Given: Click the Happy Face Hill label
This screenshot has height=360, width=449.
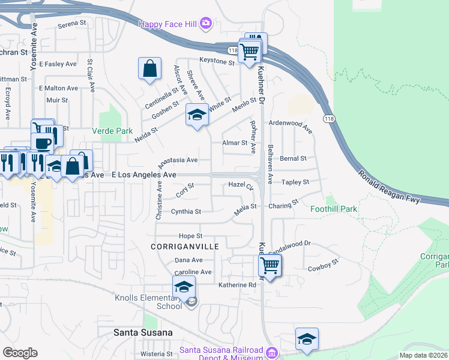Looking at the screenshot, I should tap(169, 23).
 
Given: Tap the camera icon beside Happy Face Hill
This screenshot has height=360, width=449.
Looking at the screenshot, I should tap(206, 23).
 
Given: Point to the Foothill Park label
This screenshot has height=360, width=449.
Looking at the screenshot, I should tap(334, 209).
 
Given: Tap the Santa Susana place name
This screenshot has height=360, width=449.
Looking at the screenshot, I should tap(143, 332).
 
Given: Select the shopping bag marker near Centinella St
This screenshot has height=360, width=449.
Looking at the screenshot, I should tap(150, 68).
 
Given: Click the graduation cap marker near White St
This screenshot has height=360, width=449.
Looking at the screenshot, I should tap(196, 115).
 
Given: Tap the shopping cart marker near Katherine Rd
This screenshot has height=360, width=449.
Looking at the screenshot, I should tap(270, 265).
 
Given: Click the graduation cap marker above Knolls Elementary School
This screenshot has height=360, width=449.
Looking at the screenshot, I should tap(184, 287).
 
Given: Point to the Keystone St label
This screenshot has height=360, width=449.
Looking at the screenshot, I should tap(217, 61).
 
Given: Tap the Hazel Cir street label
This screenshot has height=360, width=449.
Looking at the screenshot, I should tap(241, 185).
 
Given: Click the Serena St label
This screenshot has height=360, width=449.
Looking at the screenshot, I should tap(73, 26).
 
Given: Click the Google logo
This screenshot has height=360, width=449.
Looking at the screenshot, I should tap(20, 353).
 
